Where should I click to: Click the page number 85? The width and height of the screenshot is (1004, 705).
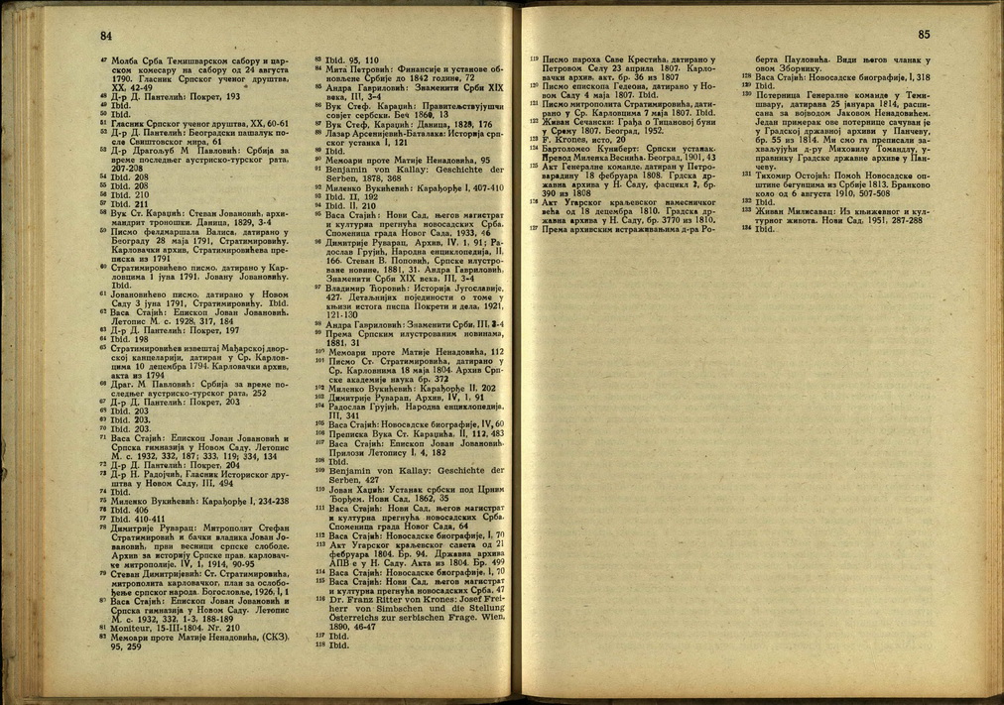[x=925, y=36]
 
